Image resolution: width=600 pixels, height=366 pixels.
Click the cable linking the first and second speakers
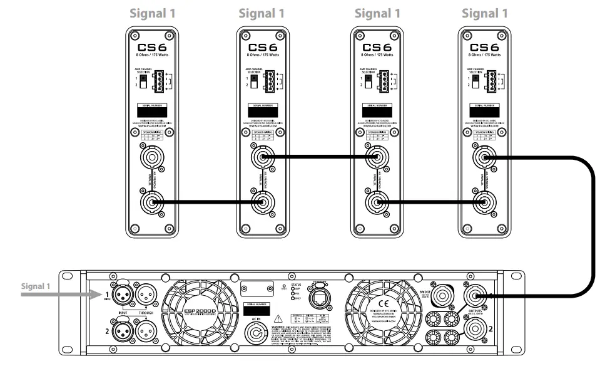pos(206,202)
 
